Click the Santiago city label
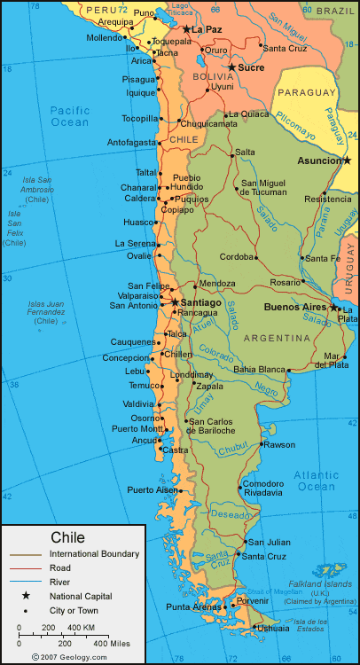coord(200,302)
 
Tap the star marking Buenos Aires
coord(334,308)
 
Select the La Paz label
coord(207,29)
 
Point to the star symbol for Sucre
coord(231,66)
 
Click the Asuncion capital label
coord(317,160)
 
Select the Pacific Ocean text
coord(70,115)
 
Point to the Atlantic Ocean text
coord(317,481)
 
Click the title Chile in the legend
coord(68,537)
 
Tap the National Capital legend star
coord(26,596)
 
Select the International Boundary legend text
coord(94,554)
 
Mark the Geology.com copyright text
coord(70,657)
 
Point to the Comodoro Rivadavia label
coord(262,488)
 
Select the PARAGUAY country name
coord(307,92)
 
